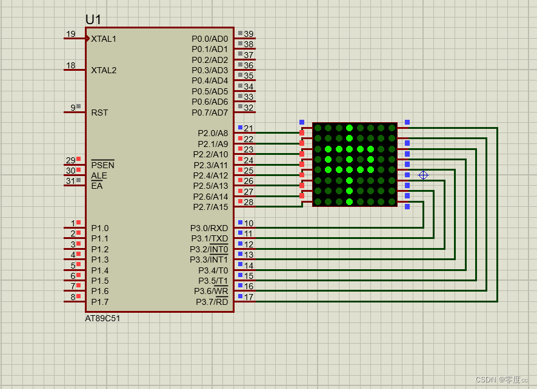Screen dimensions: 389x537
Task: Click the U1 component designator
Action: (93, 19)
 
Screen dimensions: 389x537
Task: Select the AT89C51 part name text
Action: (102, 318)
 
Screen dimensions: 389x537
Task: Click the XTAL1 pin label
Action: (104, 39)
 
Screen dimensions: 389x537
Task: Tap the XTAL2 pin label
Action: (104, 70)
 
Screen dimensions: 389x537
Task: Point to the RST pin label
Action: (99, 113)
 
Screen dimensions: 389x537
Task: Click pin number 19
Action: (71, 34)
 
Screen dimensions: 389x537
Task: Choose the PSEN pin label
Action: (102, 165)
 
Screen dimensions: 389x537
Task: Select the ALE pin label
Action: (99, 175)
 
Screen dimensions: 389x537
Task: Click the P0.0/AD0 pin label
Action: (210, 39)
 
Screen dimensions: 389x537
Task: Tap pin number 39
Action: (248, 34)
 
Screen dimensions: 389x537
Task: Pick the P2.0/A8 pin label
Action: (213, 133)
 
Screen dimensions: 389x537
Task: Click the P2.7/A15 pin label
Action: (211, 207)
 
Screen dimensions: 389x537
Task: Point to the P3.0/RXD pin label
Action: (209, 228)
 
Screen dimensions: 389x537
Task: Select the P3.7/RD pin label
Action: (212, 302)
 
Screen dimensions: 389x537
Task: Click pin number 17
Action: (248, 297)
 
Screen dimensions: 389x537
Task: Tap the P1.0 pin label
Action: (100, 228)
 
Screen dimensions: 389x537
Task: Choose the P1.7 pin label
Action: (100, 302)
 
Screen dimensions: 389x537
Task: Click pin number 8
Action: (73, 297)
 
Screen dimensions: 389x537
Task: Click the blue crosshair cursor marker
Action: (423, 175)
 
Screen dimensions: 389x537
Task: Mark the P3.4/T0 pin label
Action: (213, 270)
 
